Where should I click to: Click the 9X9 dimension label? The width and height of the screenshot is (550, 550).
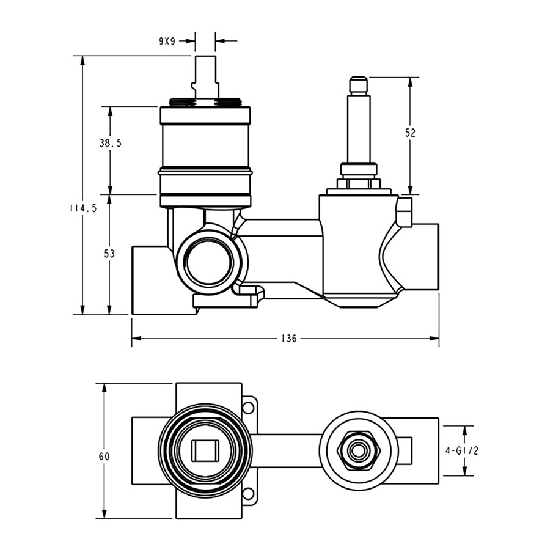coord(167,42)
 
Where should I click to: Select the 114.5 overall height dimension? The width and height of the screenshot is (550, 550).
coord(82,208)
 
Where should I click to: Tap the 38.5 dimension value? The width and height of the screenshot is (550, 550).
coord(110,143)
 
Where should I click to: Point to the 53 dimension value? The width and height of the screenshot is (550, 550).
coord(109,254)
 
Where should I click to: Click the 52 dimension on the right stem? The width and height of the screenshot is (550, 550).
coord(410,133)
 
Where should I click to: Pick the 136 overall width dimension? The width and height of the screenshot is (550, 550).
coord(289,339)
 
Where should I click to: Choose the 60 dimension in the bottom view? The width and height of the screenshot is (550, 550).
coord(104,457)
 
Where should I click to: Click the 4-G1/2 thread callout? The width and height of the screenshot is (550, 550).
coord(462,451)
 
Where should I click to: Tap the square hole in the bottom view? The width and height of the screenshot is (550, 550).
coord(205,451)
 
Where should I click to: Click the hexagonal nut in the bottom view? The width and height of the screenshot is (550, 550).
coord(358,451)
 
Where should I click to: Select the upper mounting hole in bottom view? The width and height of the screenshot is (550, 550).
coord(248,408)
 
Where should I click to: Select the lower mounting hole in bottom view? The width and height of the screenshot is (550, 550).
coord(248,493)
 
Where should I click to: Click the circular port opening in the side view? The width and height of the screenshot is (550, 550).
coord(210,263)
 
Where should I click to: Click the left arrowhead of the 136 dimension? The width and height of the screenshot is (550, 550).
coord(136,339)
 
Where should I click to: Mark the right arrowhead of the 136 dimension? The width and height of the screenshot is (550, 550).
coord(435,339)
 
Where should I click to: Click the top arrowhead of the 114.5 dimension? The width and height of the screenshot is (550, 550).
coord(82,61)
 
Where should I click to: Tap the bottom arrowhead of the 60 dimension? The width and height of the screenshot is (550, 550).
coord(104,513)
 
